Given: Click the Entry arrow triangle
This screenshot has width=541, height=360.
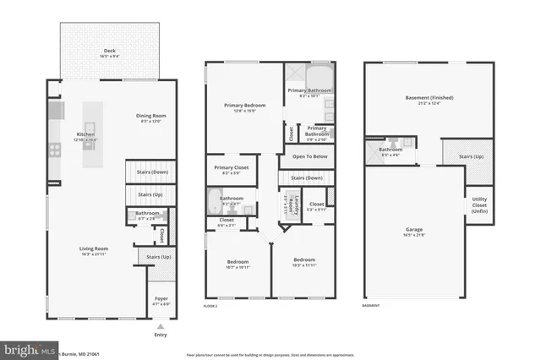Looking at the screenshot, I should click(161, 326).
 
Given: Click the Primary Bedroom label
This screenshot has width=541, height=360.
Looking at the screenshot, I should click(244, 107).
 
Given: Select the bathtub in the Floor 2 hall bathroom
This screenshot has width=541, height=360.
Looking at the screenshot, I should click(215, 202).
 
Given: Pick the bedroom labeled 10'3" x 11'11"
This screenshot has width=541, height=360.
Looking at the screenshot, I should click(303, 262).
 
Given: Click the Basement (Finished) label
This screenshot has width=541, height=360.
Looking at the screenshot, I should click(429, 99).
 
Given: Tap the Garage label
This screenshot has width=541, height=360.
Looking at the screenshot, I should click(413, 230).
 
